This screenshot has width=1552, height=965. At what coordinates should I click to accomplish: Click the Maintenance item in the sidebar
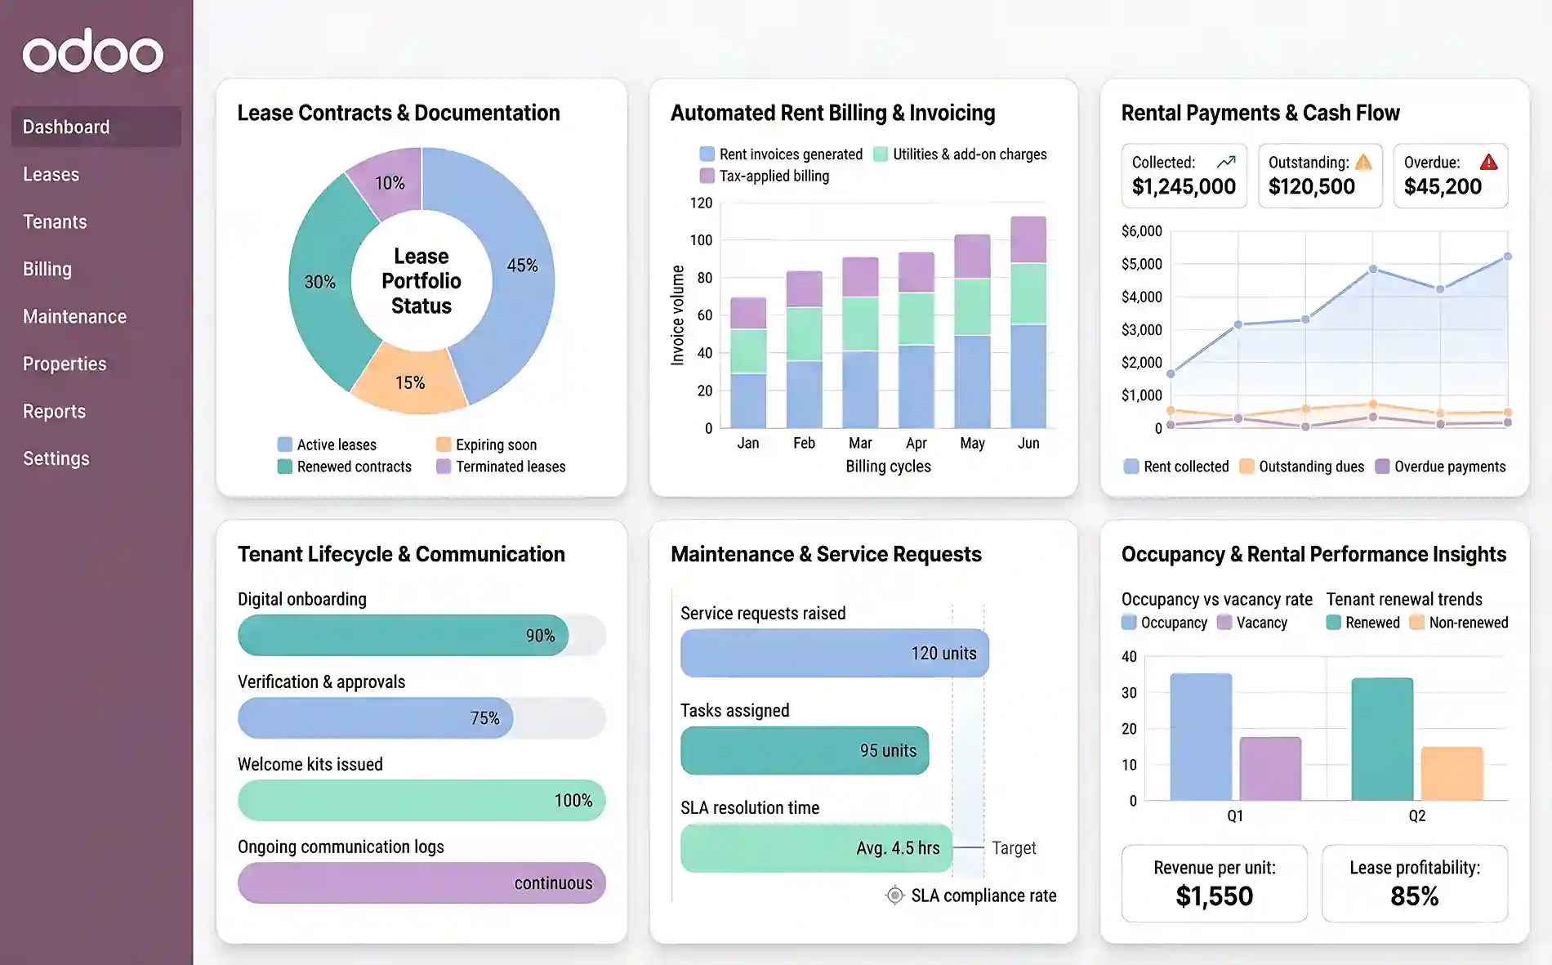tap(74, 316)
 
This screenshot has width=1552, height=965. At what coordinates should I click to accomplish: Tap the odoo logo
tap(92, 52)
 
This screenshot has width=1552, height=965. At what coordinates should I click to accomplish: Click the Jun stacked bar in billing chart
tap(1028, 323)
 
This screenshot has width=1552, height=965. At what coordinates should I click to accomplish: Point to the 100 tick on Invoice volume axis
tap(701, 240)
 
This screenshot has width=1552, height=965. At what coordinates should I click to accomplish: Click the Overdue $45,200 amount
tap(1443, 187)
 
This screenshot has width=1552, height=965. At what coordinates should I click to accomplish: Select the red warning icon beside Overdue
tap(1489, 162)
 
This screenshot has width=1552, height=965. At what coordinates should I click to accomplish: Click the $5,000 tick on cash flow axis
tap(1141, 264)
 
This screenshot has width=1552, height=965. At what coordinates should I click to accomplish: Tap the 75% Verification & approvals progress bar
tap(376, 717)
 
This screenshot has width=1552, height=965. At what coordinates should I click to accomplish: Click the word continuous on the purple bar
tap(553, 883)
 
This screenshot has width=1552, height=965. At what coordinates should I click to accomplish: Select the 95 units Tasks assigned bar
tap(805, 750)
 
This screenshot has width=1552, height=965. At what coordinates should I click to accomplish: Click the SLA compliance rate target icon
tap(895, 896)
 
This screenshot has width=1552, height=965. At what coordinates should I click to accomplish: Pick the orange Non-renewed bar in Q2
tap(1452, 773)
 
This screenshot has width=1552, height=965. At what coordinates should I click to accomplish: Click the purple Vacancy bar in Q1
tap(1270, 768)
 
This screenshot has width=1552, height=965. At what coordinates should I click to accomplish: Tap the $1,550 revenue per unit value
tap(1214, 896)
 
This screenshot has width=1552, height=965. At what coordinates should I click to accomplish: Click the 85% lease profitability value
tap(1414, 896)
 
